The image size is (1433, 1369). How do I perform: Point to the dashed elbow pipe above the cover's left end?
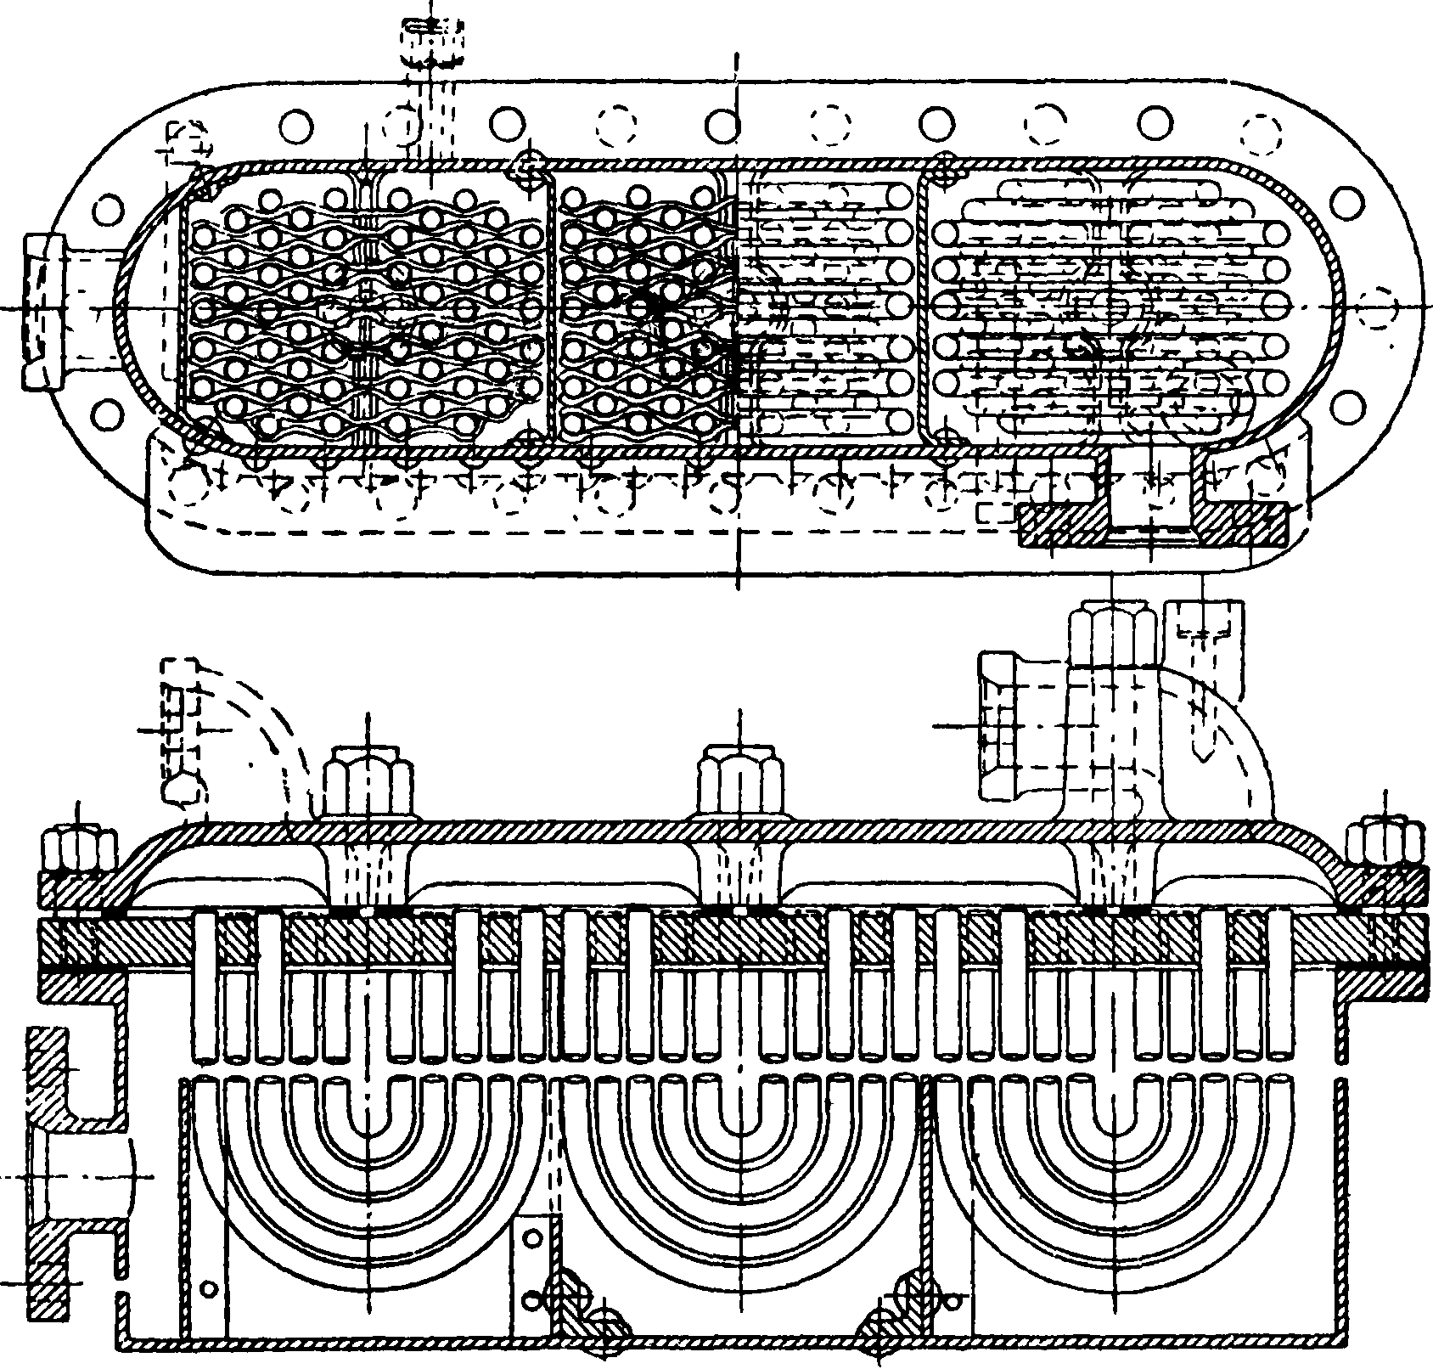[255, 730]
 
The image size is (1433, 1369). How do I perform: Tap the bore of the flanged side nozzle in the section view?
[85, 1176]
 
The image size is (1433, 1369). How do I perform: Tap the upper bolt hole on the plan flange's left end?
[109, 207]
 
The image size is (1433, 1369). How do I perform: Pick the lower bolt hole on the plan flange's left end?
[109, 414]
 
